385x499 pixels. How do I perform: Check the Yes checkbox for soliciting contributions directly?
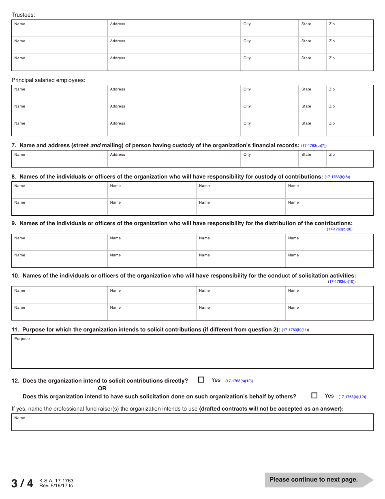(x=201, y=380)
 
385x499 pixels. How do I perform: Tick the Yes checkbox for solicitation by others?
(x=314, y=396)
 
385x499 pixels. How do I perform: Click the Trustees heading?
(x=23, y=15)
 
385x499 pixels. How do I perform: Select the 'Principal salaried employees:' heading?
(x=48, y=80)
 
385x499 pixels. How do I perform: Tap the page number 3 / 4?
(x=22, y=483)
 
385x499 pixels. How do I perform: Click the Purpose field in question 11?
(x=192, y=353)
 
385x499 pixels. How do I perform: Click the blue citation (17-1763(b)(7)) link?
(x=314, y=146)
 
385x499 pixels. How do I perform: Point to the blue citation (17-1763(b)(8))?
(x=337, y=177)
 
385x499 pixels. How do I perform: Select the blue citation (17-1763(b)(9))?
(x=340, y=229)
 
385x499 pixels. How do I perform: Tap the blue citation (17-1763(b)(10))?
(x=342, y=282)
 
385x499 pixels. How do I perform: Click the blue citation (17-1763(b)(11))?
(x=295, y=330)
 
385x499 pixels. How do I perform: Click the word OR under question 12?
(x=102, y=388)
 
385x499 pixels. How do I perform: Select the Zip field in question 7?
(x=349, y=160)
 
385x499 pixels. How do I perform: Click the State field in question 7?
(x=312, y=160)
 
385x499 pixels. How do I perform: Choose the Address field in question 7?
(x=174, y=160)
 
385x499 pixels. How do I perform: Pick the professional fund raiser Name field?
(x=192, y=424)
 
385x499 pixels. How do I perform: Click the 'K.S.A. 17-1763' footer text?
(x=56, y=481)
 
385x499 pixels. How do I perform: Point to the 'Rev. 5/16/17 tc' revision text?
(x=56, y=486)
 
